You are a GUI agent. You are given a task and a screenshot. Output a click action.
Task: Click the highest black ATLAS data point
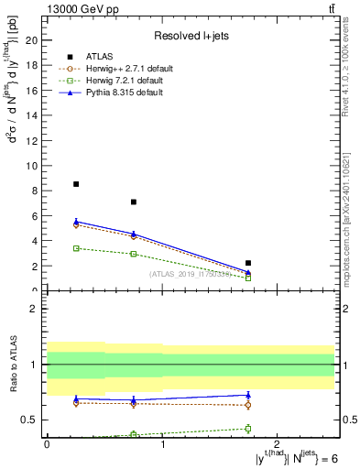(76, 184)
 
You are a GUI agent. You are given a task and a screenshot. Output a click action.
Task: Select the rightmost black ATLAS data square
(248, 263)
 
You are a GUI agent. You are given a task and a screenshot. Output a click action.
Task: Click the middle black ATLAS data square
(134, 202)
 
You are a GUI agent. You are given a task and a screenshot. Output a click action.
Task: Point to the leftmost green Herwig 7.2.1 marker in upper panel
(76, 248)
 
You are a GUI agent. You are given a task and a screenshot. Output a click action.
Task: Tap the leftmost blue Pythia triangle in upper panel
(76, 222)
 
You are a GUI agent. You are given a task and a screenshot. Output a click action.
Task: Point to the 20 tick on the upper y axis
(34, 40)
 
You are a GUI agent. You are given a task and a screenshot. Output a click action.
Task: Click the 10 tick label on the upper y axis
(34, 166)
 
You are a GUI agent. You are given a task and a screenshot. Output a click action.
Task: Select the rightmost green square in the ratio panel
(248, 428)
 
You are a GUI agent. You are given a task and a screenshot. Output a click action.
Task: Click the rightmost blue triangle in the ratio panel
(248, 395)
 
